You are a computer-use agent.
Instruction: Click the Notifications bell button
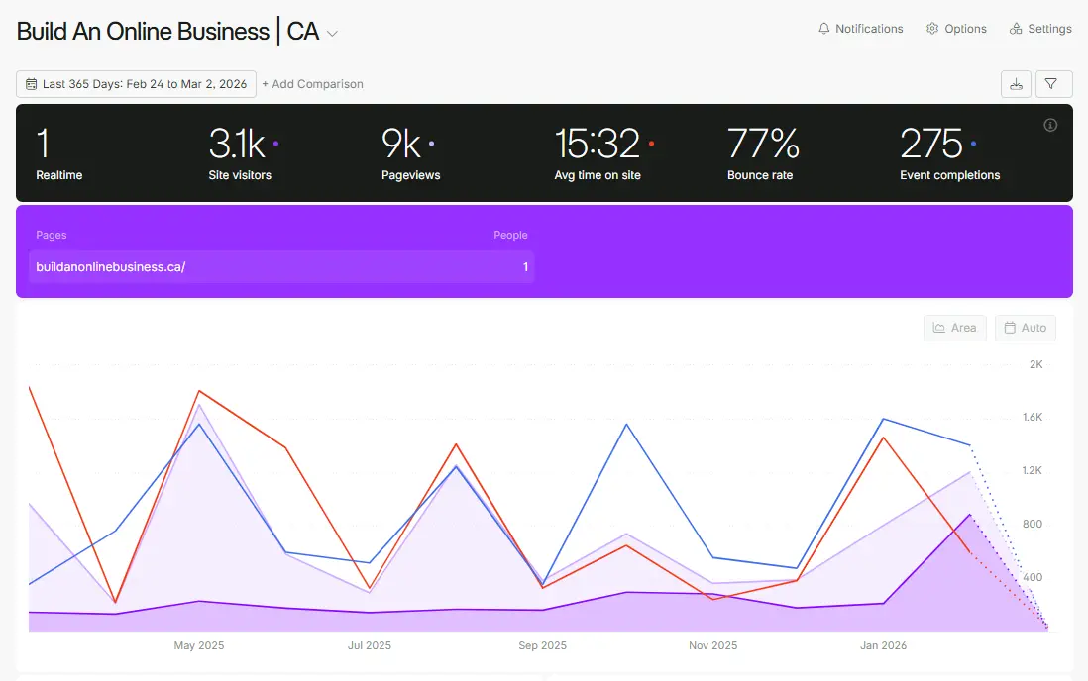point(860,29)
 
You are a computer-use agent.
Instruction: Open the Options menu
point(956,29)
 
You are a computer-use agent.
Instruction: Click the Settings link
point(1040,29)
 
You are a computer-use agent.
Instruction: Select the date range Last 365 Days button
point(137,84)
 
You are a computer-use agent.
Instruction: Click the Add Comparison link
point(312,84)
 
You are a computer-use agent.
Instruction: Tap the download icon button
point(1016,84)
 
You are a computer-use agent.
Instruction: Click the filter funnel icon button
point(1053,84)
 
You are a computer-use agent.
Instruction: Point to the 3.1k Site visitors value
point(237,145)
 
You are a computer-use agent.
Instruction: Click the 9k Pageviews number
point(401,145)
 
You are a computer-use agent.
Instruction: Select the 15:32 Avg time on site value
point(597,145)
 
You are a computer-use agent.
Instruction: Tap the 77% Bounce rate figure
point(763,145)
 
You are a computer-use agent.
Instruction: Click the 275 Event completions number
point(931,145)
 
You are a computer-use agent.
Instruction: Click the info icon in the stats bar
point(1050,125)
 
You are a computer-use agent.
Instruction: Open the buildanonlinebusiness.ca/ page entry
point(111,267)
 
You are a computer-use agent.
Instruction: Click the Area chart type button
point(954,328)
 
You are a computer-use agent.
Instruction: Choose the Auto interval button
point(1025,328)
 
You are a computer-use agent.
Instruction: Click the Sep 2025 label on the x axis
point(541,645)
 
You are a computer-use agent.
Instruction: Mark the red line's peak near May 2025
point(199,391)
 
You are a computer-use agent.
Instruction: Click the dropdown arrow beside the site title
point(333,34)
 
